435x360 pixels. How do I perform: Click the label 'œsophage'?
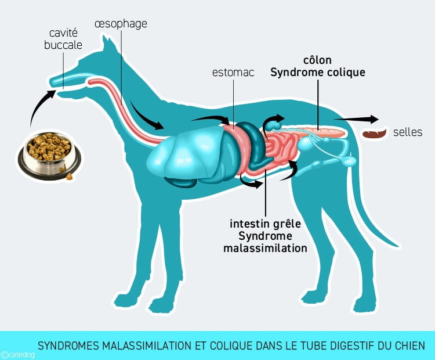[x=121, y=24]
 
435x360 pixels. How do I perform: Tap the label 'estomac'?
[x=233, y=72]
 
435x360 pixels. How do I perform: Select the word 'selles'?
[x=408, y=132]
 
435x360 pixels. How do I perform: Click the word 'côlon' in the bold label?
[x=317, y=60]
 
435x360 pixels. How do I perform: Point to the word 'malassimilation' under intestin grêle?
[x=265, y=248]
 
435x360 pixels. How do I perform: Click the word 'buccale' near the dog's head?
[x=63, y=45]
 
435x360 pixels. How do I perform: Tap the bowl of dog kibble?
[x=49, y=156]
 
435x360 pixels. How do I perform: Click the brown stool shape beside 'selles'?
[x=375, y=134]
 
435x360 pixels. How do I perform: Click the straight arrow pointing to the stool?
[x=356, y=119]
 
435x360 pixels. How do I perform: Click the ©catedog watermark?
[x=18, y=355]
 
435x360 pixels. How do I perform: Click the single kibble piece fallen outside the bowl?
[x=69, y=177]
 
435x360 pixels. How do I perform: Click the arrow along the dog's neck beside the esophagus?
[x=146, y=117]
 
